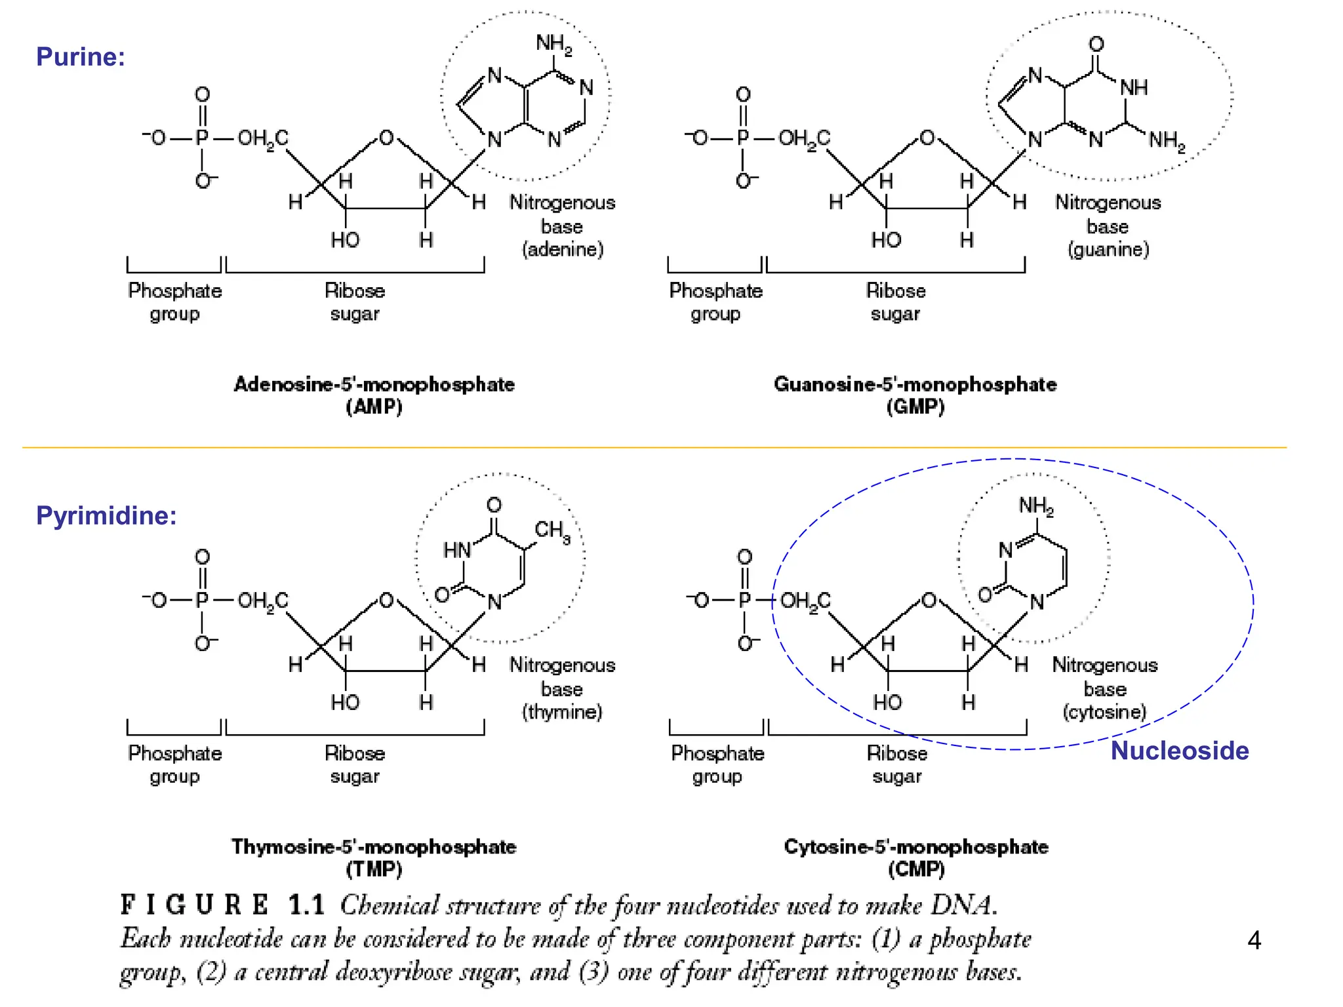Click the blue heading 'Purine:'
pos(80,56)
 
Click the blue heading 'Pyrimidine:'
pos(106,515)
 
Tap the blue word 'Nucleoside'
pos(1179,751)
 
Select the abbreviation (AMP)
pos(374,407)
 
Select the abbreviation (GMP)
pos(915,407)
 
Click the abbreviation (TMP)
pos(374,869)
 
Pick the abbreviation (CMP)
pos(916,869)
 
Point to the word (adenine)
pos(563,250)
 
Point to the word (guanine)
pos(1108,250)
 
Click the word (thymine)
pos(562,712)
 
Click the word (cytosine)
pos(1105,712)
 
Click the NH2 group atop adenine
pos(553,44)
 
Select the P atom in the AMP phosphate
pos(202,138)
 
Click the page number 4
pos(1254,941)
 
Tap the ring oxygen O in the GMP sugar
pos(927,138)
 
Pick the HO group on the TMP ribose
pos(345,702)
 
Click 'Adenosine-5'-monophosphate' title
pos(374,384)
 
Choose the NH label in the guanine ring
pos(1133,88)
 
